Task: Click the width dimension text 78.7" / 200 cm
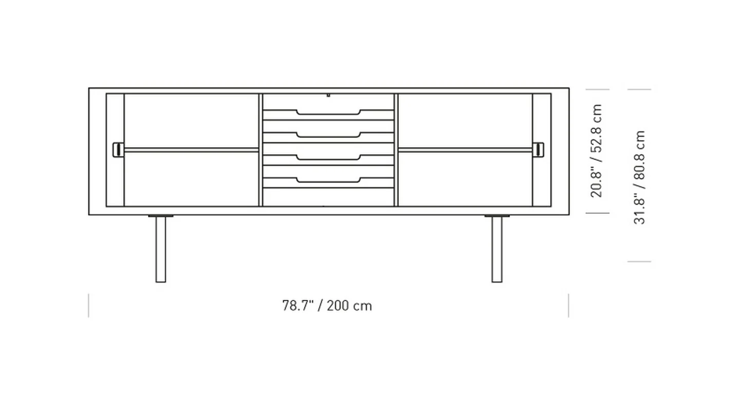pos(327,306)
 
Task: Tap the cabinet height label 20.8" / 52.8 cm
pos(596,151)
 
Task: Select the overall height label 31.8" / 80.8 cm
pos(639,177)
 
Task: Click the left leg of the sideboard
pos(161,249)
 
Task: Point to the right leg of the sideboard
pos(496,249)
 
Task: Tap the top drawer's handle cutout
pos(328,112)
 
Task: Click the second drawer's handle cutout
pos(328,135)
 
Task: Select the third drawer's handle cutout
pos(328,157)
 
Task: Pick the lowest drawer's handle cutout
pos(328,180)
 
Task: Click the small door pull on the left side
pos(117,149)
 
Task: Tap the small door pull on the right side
pos(540,149)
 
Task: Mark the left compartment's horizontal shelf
pos(191,150)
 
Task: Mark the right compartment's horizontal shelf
pos(465,150)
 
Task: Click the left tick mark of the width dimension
pos(88,306)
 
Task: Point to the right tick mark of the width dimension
pos(568,306)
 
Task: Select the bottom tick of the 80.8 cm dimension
pos(639,262)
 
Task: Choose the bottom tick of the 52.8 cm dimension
pos(597,213)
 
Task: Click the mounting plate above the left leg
pos(161,216)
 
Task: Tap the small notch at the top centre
pos(328,95)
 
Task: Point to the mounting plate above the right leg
pos(496,216)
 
